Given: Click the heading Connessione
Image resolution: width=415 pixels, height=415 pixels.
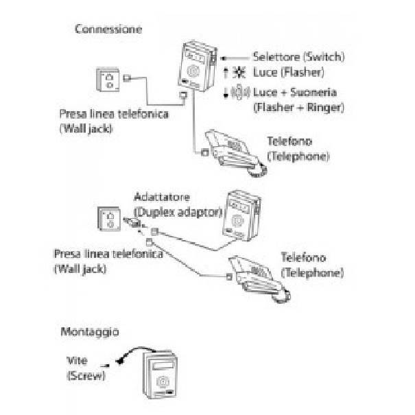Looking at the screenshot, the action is [x=108, y=29].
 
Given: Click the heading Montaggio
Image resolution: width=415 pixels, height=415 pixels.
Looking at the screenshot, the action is [x=90, y=332].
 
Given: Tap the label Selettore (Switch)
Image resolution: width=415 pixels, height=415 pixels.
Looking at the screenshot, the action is [x=299, y=57].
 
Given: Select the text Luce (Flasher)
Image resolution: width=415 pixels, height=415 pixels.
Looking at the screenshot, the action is [x=289, y=72].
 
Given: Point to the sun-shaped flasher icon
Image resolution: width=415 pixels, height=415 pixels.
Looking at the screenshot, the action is [x=239, y=72].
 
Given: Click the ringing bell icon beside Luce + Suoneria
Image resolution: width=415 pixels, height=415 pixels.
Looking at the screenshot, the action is [x=240, y=92].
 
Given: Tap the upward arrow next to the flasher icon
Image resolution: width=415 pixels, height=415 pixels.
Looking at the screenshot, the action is [x=226, y=73].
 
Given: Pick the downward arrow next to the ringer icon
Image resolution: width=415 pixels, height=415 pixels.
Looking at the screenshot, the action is [x=226, y=93].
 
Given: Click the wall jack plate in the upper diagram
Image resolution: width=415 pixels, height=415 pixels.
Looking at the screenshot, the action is [x=108, y=80].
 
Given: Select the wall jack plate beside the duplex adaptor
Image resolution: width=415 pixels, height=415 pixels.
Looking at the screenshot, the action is [x=109, y=219].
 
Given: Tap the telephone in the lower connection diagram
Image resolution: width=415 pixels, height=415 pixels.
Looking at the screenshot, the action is [x=259, y=278].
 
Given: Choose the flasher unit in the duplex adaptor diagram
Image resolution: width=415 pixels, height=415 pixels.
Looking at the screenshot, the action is [x=241, y=215].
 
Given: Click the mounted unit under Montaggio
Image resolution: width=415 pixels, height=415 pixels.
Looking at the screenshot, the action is [x=160, y=374].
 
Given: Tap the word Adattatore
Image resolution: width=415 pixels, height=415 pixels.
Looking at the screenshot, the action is [x=162, y=197].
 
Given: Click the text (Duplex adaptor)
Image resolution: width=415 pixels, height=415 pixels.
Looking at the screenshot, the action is [x=178, y=212].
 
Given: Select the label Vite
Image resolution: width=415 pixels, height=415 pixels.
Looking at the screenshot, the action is [x=77, y=361].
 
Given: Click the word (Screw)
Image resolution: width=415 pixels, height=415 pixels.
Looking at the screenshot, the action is [x=86, y=376].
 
